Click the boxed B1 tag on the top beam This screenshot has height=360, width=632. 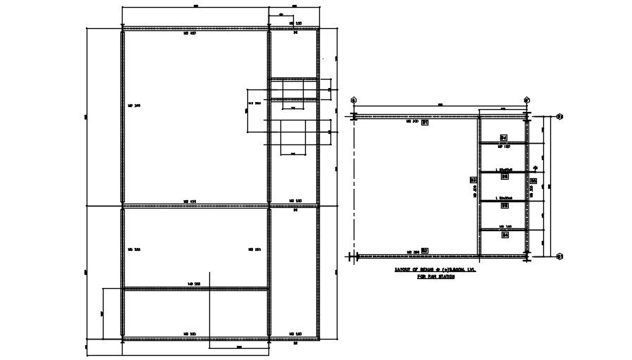(x=425, y=123)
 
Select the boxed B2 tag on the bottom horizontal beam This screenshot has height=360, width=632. (x=425, y=251)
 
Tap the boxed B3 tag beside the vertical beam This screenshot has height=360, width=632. (x=473, y=180)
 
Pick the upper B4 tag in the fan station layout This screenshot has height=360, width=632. (x=504, y=137)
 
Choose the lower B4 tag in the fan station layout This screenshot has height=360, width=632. (x=504, y=235)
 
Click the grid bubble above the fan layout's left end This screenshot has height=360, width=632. (x=354, y=100)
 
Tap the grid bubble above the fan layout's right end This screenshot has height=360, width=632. (x=526, y=100)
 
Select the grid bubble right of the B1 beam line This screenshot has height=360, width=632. (x=558, y=116)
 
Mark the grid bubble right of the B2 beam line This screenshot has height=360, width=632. (x=558, y=256)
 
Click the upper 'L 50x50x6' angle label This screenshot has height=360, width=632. (x=504, y=170)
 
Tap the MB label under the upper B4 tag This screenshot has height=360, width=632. (x=504, y=147)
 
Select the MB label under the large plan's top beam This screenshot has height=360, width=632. (x=189, y=33)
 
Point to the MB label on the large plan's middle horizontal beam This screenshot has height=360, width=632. (x=189, y=201)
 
